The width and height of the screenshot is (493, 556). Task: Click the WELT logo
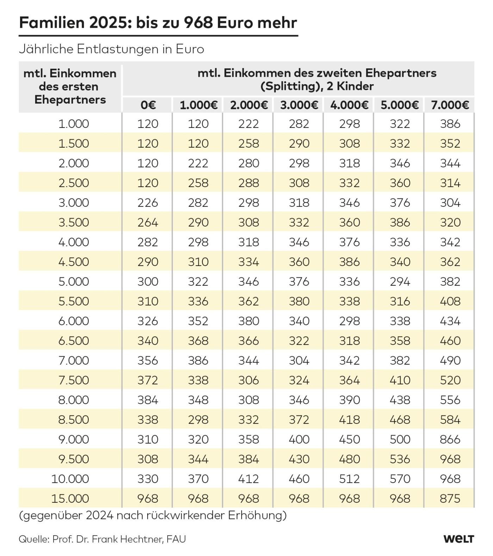(x=458, y=539)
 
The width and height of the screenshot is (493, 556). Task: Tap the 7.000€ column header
(x=450, y=105)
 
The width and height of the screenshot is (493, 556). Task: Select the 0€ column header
(x=148, y=105)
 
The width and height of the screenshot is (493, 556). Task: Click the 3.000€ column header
(x=299, y=105)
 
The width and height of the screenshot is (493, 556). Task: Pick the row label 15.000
(x=70, y=499)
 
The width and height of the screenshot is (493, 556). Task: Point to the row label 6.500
(x=74, y=341)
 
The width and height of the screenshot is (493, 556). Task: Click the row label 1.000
(x=74, y=124)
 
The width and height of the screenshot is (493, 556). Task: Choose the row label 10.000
(x=70, y=479)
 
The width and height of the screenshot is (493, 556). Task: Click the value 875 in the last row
(x=450, y=499)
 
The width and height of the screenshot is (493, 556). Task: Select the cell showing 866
(x=450, y=439)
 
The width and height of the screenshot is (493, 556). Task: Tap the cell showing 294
(x=400, y=282)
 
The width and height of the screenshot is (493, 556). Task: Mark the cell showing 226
(x=148, y=203)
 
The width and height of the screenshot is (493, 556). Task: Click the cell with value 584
(x=450, y=420)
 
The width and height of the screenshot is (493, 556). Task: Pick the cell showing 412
(x=249, y=479)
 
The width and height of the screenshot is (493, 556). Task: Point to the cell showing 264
(x=148, y=222)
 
